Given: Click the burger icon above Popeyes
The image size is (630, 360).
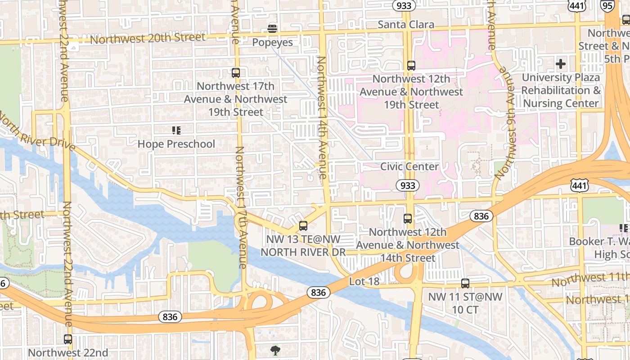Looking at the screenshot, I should coord(272,29).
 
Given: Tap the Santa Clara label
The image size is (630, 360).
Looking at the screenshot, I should coord(406,24).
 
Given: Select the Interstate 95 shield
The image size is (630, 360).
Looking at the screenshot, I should coord(607,5).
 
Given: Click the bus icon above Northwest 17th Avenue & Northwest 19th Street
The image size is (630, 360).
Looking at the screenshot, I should coord(236,72).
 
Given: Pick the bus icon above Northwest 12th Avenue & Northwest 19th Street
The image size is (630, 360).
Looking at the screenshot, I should coord(411,65).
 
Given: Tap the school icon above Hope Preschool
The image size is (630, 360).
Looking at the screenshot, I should coord(176,130).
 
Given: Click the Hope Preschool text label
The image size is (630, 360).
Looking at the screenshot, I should coord(176,144).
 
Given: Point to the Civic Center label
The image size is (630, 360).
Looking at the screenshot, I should coord(409,166).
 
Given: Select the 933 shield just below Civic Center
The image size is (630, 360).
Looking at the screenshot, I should coord(408,185).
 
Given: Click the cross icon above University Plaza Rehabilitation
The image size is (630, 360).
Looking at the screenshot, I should coord(560,64).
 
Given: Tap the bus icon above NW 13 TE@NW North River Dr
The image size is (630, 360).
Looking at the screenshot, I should coord(303,226).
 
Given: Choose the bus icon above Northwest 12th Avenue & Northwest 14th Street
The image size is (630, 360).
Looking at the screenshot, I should coord(408,219).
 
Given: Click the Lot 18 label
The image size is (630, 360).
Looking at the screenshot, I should coord(364,281).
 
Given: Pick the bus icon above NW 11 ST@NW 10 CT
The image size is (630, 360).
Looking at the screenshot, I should coord(465,283).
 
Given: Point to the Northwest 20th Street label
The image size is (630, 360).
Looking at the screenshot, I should coord(148,38).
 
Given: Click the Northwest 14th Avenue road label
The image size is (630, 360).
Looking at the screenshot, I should coord(322,117).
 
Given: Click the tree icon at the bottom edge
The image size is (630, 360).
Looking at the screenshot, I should coord(275,350).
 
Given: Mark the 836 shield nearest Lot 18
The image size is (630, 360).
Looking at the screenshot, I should coord(318,292).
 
